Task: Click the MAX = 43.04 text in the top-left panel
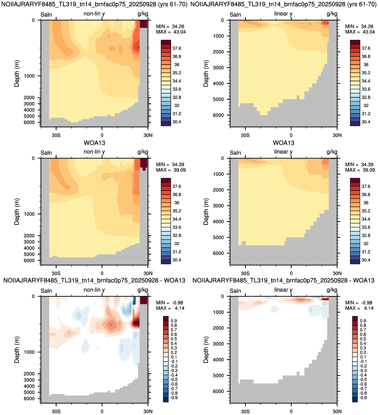171,32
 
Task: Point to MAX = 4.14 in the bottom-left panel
170,308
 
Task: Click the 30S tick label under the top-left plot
56,135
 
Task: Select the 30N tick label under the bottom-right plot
337,411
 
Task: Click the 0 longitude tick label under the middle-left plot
102,273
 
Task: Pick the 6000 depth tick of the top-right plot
218,115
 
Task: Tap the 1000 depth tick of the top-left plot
29,76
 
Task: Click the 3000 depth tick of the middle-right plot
218,206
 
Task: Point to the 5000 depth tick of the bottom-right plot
218,375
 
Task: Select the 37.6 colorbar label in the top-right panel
366,48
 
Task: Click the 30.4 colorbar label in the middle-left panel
177,260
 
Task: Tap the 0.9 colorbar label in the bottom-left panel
174,321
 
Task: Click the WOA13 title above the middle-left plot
94,143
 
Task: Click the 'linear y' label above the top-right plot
283,14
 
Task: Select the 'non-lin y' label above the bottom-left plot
94,290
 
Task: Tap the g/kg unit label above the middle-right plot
332,152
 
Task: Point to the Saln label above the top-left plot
46,15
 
